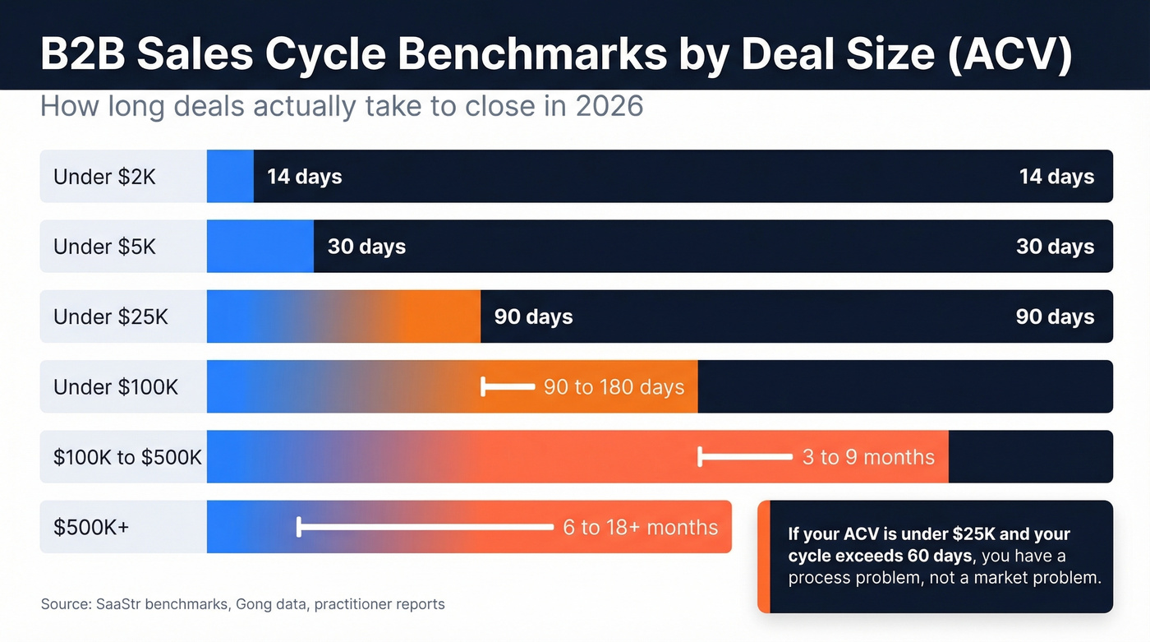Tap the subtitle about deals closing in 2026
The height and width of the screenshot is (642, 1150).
coord(341,107)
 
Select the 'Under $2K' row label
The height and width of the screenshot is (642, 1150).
coord(104,177)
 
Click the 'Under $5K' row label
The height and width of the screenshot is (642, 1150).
coord(104,247)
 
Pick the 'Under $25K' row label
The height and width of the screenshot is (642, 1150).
coord(110,316)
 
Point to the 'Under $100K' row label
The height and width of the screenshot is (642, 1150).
coord(115,386)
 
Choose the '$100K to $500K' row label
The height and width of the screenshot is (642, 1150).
coord(127,457)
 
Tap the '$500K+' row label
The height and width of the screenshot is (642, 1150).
coord(91,527)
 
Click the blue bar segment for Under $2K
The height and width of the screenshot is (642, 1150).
coord(230,176)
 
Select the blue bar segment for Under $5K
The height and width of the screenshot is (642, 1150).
coord(260,247)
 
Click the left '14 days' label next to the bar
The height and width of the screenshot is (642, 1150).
coord(304,177)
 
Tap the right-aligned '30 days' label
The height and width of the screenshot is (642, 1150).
coord(1055,247)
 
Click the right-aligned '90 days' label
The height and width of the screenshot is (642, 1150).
coord(1055,316)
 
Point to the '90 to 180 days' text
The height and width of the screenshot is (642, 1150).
coord(614,387)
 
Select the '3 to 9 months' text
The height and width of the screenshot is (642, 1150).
coord(868,457)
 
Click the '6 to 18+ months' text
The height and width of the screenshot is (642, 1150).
coord(640,527)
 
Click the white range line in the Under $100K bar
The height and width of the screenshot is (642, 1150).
coord(508,386)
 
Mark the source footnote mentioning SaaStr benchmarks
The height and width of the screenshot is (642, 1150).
coord(242,604)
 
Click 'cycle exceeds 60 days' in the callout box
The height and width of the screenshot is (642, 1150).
coord(880,557)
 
